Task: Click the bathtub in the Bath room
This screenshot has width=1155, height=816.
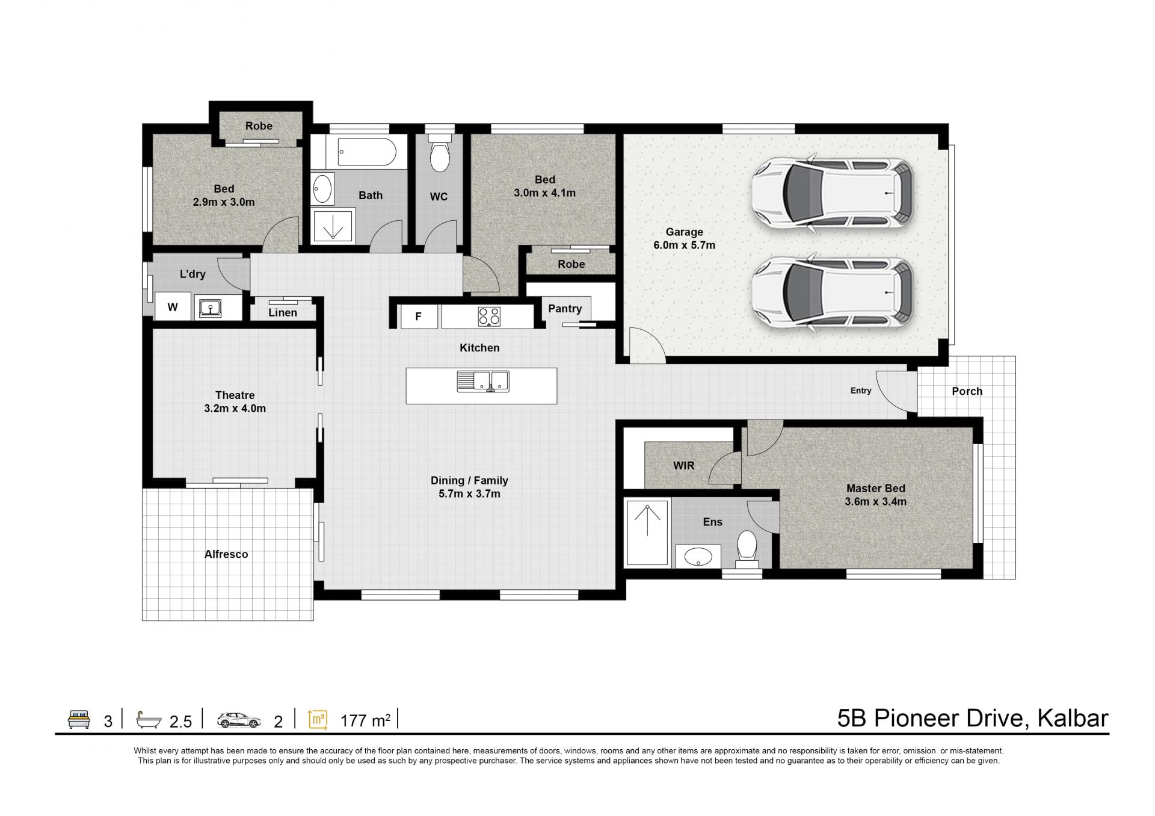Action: pos(366,152)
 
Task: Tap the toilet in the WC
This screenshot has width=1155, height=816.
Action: pos(440,154)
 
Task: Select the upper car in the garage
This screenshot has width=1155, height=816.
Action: pos(833,193)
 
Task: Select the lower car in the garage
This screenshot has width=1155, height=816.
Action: pos(833,292)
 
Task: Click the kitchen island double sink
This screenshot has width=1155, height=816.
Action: pos(483,381)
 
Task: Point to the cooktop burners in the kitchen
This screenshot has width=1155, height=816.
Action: pos(489,317)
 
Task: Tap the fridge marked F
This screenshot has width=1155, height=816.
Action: pos(419,317)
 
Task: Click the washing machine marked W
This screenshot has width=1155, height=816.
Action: pos(173,307)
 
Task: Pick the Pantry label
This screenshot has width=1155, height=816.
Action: pos(565,309)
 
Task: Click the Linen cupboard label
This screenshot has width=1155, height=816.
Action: pos(283,312)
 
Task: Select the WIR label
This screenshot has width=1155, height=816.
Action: pos(683,466)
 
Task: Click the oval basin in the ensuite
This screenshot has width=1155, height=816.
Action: pos(698,555)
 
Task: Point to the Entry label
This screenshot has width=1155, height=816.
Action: pos(861,391)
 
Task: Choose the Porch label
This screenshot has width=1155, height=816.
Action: pos(967,391)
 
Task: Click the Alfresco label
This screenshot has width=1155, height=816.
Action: pos(226,554)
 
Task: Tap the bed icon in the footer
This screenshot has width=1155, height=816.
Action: pos(79,719)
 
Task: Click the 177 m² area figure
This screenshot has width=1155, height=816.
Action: pos(365,720)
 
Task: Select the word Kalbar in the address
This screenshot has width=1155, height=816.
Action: pos(1073,719)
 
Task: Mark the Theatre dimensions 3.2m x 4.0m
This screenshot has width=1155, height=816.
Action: pos(235,409)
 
